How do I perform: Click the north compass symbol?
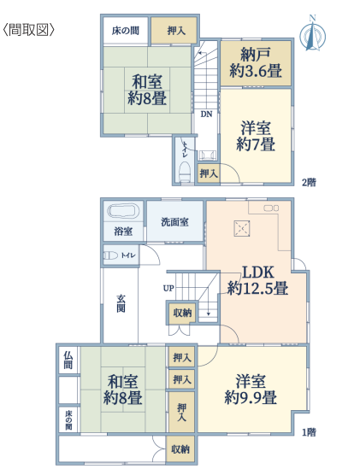click(x=313, y=34)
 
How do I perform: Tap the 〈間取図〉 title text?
click(x=29, y=30)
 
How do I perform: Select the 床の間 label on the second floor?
click(x=126, y=31)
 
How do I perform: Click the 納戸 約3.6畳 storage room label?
click(x=256, y=62)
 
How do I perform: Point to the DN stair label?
click(x=206, y=114)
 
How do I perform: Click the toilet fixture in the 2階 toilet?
click(x=185, y=173)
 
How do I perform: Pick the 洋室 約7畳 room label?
click(x=256, y=136)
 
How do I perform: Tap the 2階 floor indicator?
click(x=309, y=182)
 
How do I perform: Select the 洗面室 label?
click(x=175, y=222)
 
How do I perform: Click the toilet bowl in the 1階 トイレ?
click(x=110, y=255)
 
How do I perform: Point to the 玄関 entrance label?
click(x=121, y=303)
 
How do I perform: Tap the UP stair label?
click(x=168, y=288)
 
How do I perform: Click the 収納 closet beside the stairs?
click(x=182, y=313)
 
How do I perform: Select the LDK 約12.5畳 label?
click(x=257, y=280)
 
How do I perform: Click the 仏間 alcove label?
click(x=68, y=360)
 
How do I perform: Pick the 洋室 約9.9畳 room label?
click(x=251, y=390)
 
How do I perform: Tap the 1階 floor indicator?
click(x=309, y=432)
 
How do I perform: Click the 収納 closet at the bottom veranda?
click(x=180, y=449)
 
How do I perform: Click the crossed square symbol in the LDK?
click(x=242, y=229)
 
